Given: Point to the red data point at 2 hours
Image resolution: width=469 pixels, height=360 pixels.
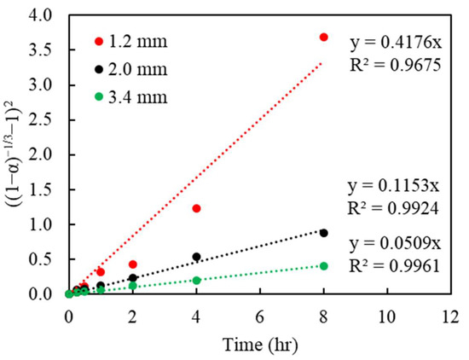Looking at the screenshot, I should coord(132,264).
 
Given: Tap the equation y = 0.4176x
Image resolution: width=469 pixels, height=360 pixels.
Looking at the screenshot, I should coord(399,39).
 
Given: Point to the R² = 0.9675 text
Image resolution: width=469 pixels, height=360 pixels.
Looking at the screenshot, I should coord(399,62).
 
